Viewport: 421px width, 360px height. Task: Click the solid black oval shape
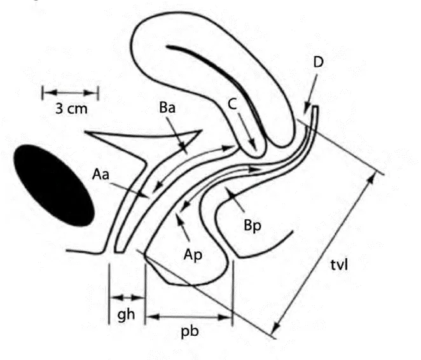pos(53,185)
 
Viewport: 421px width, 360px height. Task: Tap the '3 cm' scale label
pos(71,109)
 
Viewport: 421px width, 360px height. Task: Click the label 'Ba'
pos(167,107)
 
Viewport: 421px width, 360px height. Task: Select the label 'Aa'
pos(100,174)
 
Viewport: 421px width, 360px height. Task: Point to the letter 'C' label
pos(232,104)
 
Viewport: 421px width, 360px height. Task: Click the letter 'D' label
pos(319,62)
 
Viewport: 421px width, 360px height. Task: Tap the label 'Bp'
pos(252,225)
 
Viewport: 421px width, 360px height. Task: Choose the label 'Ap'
pos(193,254)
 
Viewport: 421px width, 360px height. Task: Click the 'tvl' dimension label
pos(339,265)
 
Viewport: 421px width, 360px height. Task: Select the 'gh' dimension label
pos(126,314)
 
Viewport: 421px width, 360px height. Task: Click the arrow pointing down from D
pos(311,94)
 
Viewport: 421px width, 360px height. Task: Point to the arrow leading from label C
pos(247,131)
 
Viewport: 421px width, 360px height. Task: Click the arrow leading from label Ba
pos(177,136)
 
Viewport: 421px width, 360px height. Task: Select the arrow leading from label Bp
pos(235,200)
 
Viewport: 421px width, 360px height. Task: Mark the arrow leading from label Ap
pos(183,226)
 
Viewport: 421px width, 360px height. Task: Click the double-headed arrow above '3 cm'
pos(71,93)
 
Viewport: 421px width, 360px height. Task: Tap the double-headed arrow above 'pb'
pos(189,317)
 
